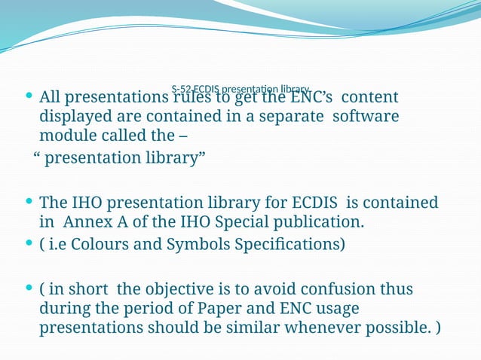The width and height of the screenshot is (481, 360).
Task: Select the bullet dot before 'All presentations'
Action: click(x=29, y=96)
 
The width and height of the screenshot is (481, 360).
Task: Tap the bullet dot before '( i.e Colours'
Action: click(x=29, y=244)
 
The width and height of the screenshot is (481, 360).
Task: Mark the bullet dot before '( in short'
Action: click(x=29, y=288)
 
